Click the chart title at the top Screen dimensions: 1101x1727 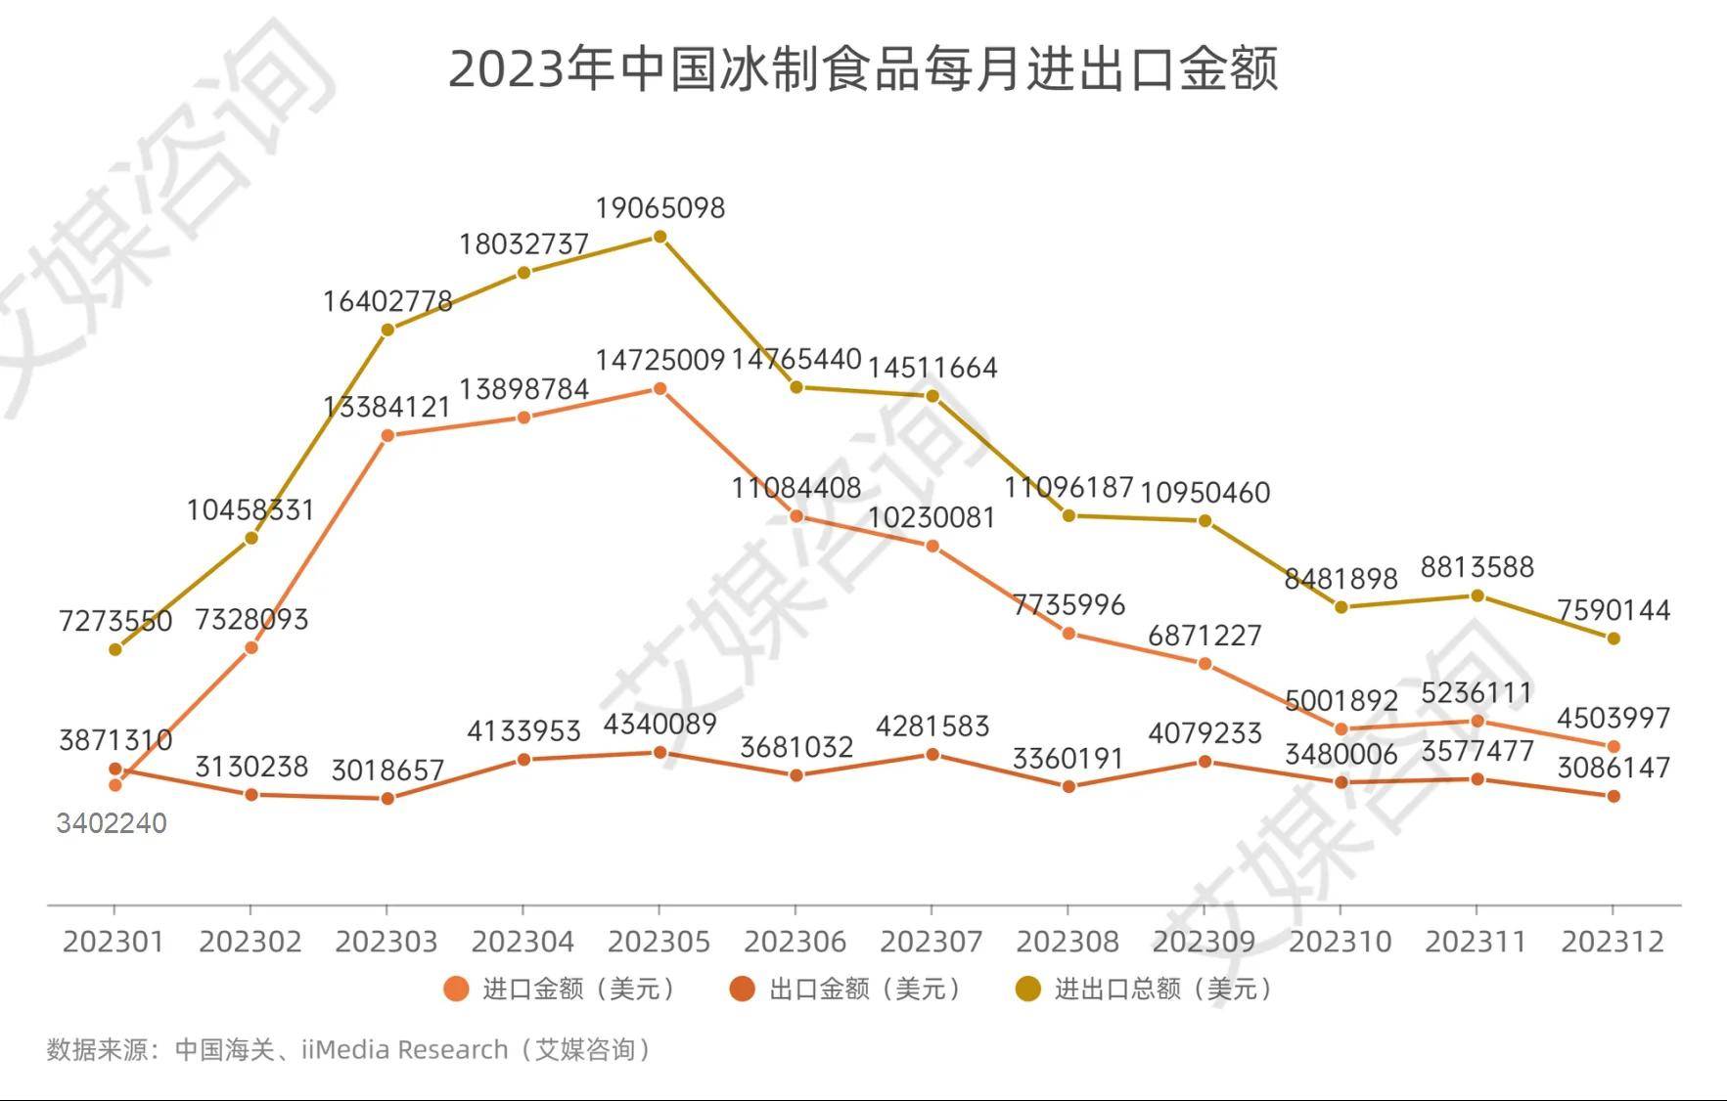pos(863,69)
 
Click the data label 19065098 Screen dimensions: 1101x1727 pos(660,208)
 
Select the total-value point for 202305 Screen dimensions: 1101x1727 pos(660,237)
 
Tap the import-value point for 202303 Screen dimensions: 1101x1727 pos(387,435)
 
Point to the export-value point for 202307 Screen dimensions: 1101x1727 pos(932,755)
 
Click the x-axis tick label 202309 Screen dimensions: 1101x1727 pos(1204,942)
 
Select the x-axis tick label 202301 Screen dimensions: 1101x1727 pos(114,942)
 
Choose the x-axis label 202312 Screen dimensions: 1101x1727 pos(1613,942)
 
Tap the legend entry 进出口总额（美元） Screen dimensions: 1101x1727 pos(1145,989)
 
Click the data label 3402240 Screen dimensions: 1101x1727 pos(112,823)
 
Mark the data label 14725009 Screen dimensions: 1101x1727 pos(660,360)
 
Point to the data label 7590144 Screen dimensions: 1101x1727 pos(1613,610)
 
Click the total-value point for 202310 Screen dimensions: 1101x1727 pos(1341,607)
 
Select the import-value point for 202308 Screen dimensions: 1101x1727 pos(1068,634)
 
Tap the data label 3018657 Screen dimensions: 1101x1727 pos(387,771)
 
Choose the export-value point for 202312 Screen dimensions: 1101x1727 pos(1613,796)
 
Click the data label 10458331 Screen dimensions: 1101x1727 pos(250,509)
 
